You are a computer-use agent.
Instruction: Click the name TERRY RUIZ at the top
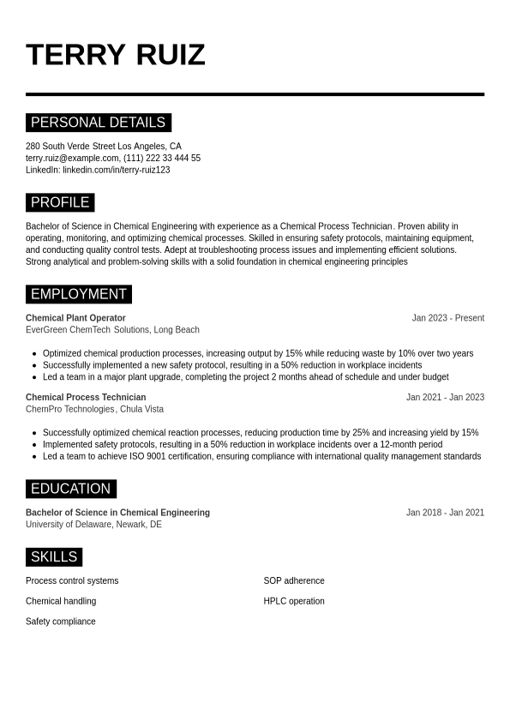coord(116,55)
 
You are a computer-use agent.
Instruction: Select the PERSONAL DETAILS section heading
coord(98,123)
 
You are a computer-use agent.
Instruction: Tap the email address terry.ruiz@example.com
coord(72,159)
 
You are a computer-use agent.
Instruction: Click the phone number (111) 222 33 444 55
coord(162,159)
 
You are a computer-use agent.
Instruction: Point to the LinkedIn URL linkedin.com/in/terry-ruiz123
coord(116,170)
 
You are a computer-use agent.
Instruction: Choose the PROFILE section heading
coord(60,202)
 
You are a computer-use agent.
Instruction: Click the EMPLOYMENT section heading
coord(78,294)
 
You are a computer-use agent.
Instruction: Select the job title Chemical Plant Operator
coord(75,318)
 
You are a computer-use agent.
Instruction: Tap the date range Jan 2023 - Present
coord(447,318)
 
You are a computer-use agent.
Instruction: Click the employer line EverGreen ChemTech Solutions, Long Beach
coord(112,330)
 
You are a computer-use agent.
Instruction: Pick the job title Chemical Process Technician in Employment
coord(86,398)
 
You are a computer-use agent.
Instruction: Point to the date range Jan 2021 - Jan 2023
coord(445,398)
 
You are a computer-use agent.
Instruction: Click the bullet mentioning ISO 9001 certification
coord(261,457)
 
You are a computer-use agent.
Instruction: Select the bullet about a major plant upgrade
coord(245,377)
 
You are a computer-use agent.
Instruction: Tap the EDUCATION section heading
coord(70,489)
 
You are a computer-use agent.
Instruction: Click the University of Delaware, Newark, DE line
coord(93,525)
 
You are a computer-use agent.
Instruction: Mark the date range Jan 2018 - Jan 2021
coord(445,513)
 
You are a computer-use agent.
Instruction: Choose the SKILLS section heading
coord(53,557)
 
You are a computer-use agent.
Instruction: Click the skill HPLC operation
coord(294,602)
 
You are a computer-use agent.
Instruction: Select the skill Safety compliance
coord(61,622)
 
